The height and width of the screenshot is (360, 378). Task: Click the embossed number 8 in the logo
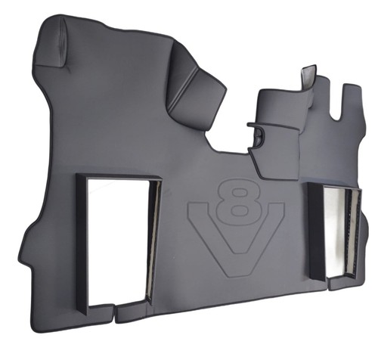[238, 200]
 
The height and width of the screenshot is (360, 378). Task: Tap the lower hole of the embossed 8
[238, 209]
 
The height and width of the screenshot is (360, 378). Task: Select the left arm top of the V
[199, 206]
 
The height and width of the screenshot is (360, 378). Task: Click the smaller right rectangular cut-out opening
[334, 232]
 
